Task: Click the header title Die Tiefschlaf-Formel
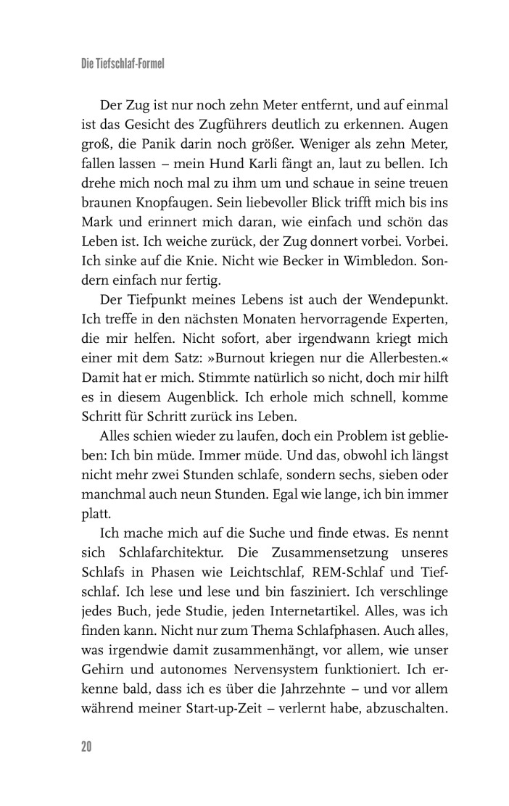[123, 65]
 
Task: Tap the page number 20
[87, 746]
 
